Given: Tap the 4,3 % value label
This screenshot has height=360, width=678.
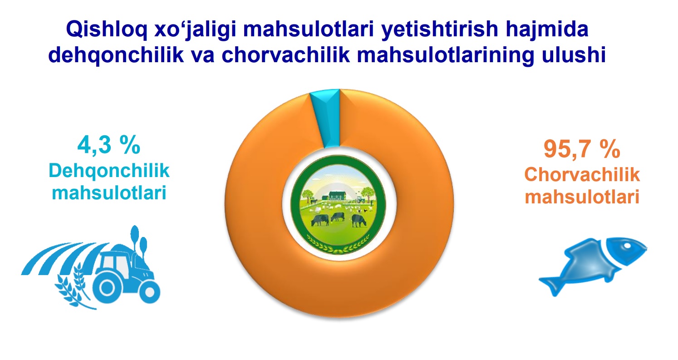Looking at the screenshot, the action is click(x=109, y=145).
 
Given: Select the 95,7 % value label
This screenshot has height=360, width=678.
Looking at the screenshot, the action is click(x=582, y=149).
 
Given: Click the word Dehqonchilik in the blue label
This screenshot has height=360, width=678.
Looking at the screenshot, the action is click(x=109, y=171).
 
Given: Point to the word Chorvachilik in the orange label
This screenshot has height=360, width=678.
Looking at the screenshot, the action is click(x=582, y=174).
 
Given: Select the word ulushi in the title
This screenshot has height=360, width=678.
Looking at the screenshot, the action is click(x=574, y=55).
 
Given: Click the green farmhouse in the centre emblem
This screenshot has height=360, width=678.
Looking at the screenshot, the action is click(x=337, y=196).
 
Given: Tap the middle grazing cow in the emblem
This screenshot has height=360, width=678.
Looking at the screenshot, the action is click(x=338, y=216).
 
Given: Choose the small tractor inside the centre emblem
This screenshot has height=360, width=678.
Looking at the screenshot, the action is click(x=360, y=199).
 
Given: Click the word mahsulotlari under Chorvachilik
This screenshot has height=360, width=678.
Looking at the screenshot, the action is click(x=582, y=197).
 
